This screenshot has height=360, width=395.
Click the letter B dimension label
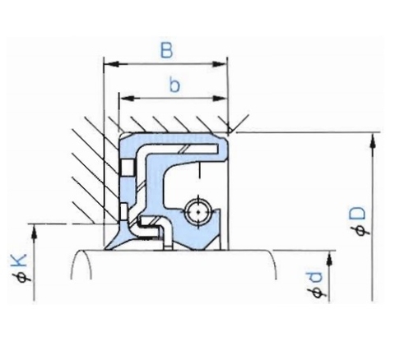tap(167, 50)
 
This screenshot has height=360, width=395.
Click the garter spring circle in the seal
tap(197, 211)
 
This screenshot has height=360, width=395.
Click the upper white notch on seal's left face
tap(125, 168)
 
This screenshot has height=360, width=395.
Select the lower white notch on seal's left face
tap(123, 214)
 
